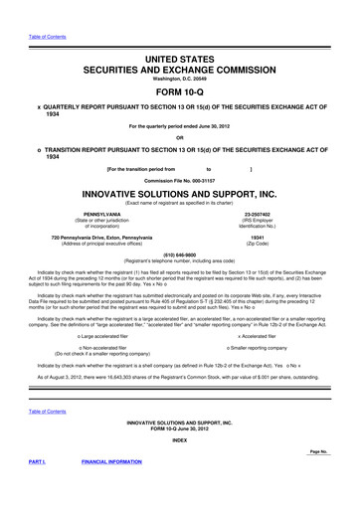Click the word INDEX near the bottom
[180, 440]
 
